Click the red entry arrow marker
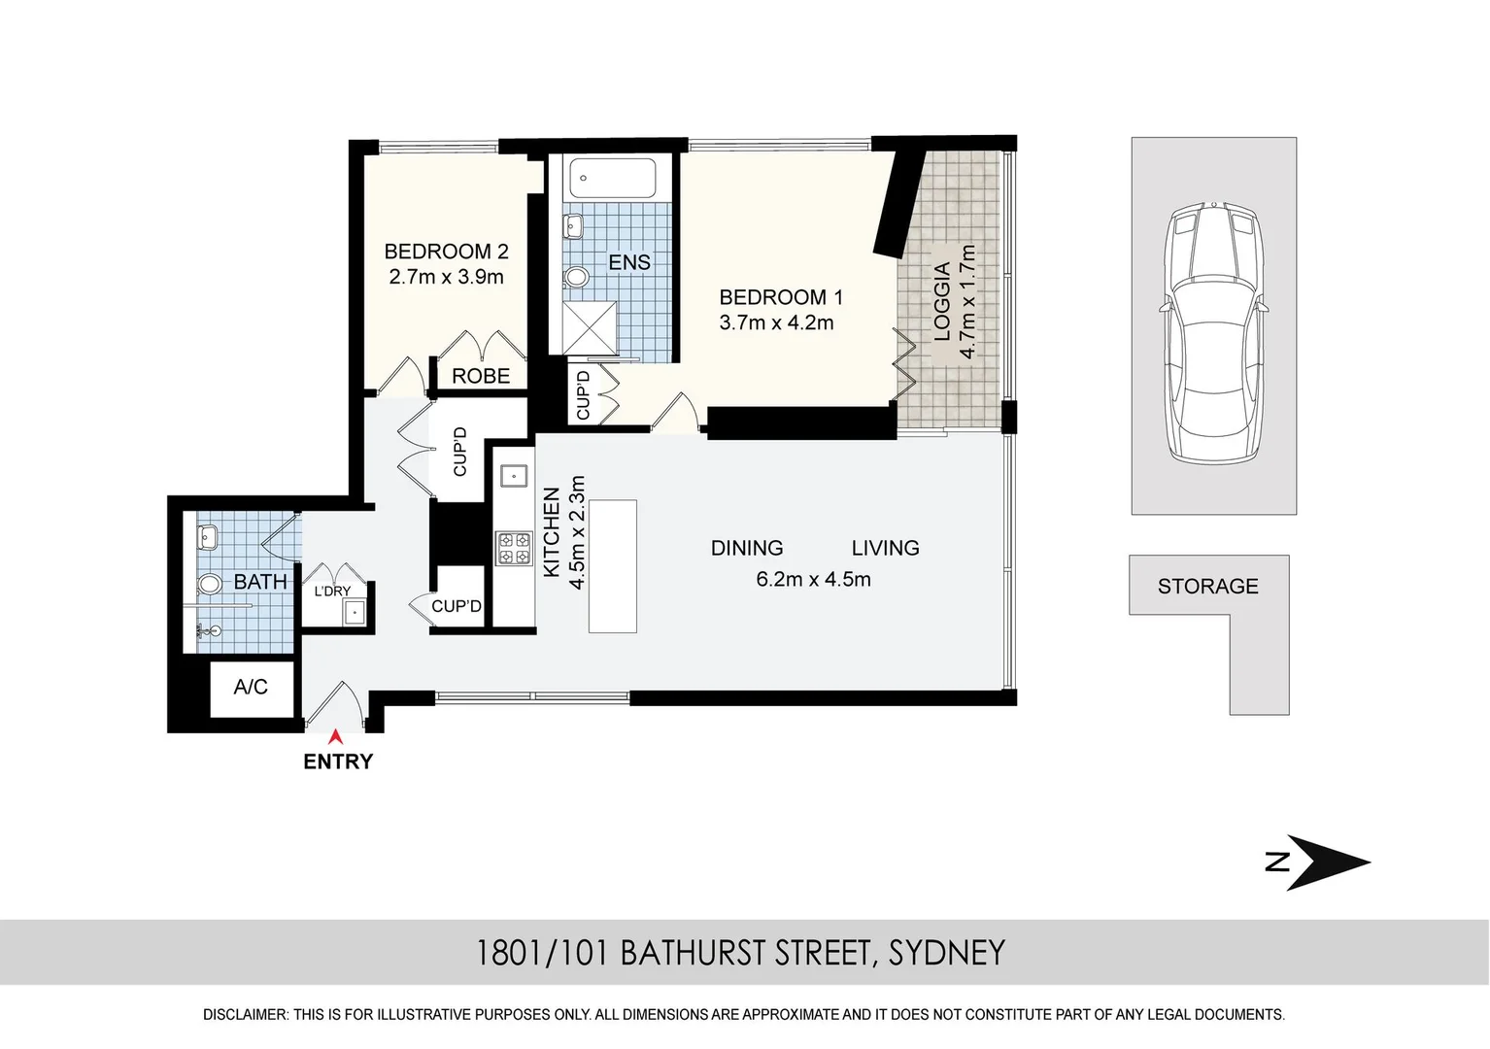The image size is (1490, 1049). (x=337, y=736)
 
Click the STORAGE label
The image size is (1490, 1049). (x=1208, y=586)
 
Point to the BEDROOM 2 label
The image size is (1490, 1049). (x=447, y=252)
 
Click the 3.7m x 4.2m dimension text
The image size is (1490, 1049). (x=776, y=322)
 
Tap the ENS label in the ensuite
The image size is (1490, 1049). (x=629, y=262)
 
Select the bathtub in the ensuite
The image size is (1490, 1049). (x=613, y=178)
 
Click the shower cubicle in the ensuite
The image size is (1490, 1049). (x=590, y=327)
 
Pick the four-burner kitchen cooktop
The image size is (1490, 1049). (x=515, y=549)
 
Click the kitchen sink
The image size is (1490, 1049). (x=514, y=476)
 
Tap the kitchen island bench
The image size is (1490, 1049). (x=613, y=566)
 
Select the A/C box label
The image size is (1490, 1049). (x=251, y=687)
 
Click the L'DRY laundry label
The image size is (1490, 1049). (x=332, y=592)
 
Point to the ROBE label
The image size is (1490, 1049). (x=481, y=376)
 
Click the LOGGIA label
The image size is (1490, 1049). (x=942, y=302)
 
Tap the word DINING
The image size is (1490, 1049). (x=747, y=548)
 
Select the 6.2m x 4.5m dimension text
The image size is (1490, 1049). (x=814, y=579)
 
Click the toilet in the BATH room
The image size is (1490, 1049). (x=209, y=585)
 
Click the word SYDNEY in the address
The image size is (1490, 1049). (x=947, y=953)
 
